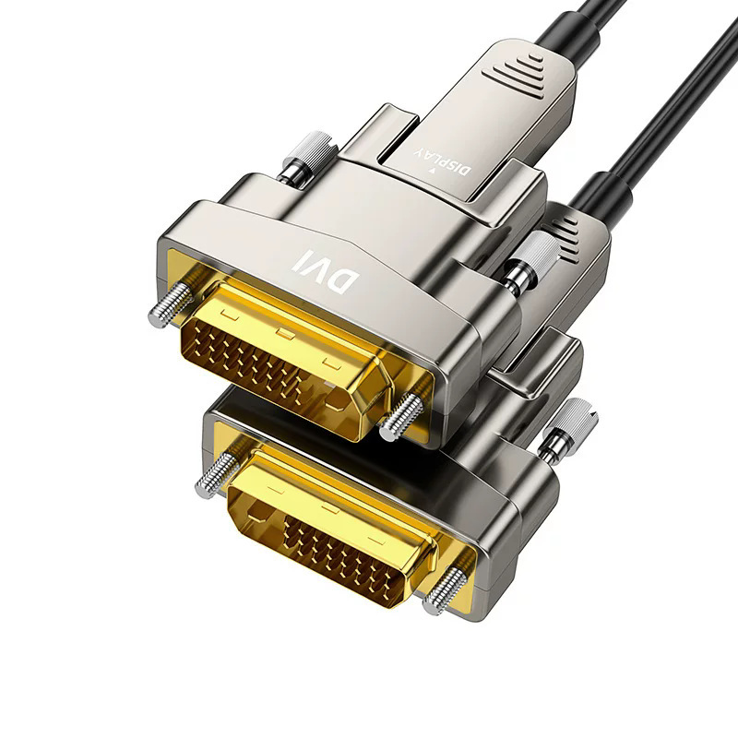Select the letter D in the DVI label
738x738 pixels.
(344, 281)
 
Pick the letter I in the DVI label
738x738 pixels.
(298, 260)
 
